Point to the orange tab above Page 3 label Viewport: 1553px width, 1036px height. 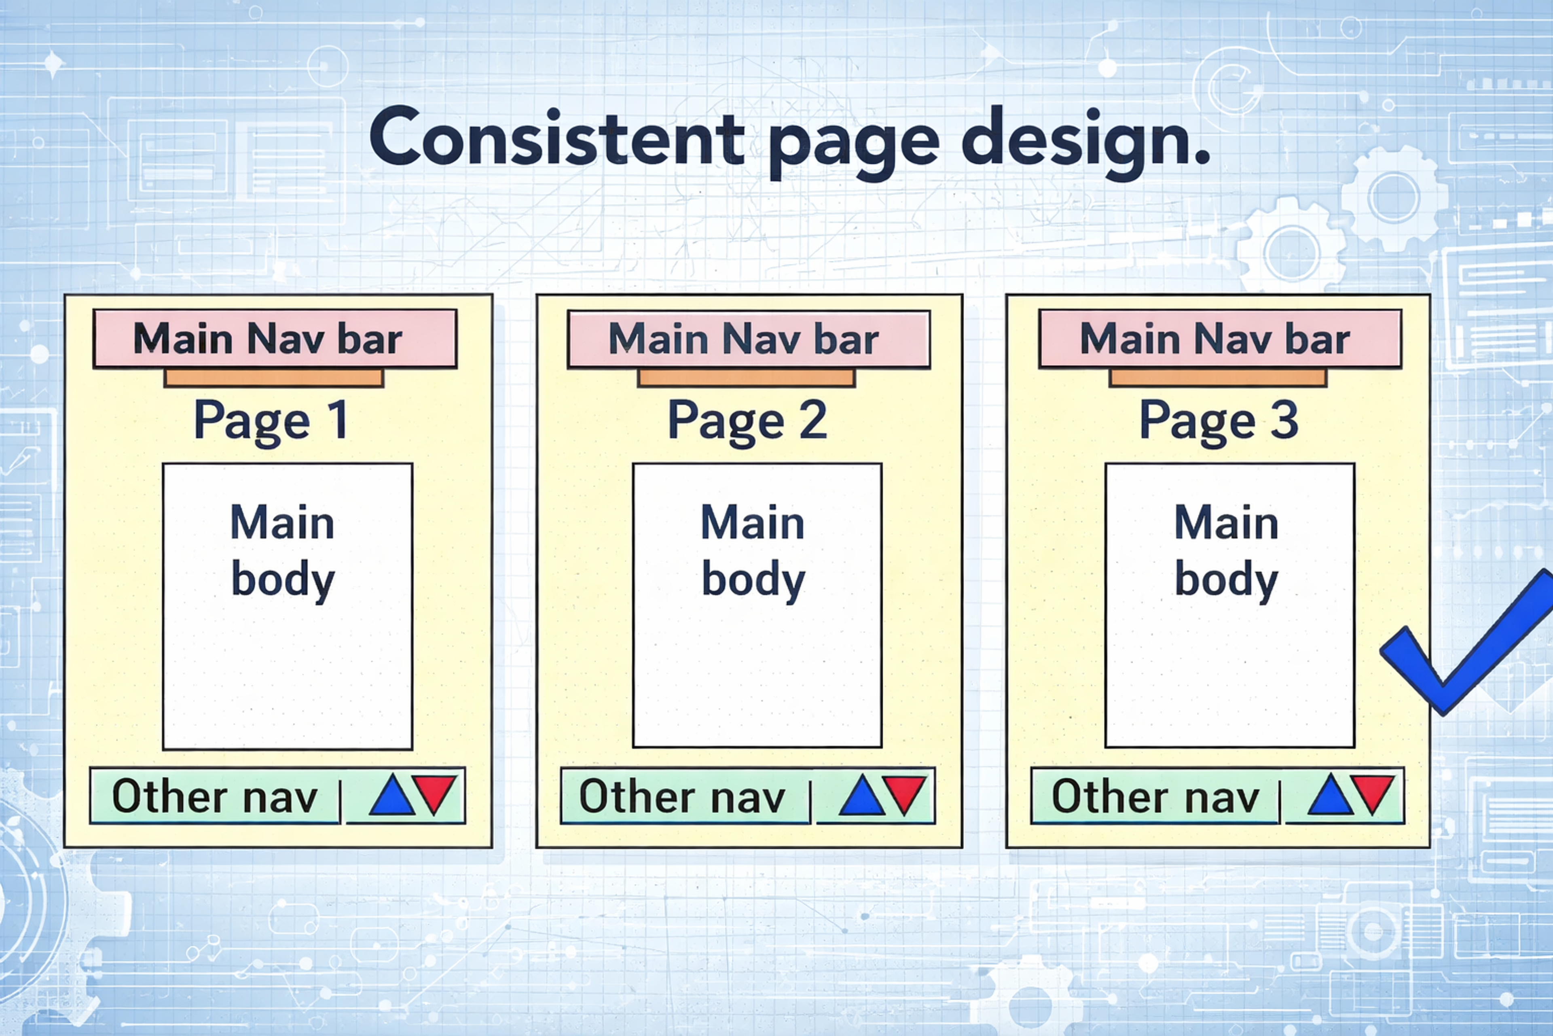pos(1218,378)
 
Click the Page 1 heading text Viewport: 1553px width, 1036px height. pos(271,420)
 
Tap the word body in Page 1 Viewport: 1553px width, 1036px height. pos(283,580)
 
